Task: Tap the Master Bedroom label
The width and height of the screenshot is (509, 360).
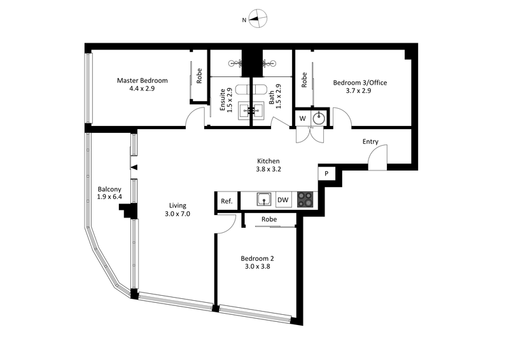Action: point(142,85)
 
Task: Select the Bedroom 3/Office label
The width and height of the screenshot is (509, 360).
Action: point(360,87)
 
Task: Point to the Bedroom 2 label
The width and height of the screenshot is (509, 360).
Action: point(258,263)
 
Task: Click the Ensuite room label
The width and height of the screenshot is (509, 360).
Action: point(227,98)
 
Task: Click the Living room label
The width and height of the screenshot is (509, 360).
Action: point(178,209)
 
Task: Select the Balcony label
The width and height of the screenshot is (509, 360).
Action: point(109,193)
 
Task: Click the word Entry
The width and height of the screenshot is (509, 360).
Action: point(371,142)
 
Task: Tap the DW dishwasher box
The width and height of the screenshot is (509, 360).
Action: point(284,200)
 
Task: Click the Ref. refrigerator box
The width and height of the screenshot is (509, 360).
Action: point(226,201)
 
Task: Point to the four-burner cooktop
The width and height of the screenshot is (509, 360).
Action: point(305,200)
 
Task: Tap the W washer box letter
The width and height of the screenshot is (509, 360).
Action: point(302,118)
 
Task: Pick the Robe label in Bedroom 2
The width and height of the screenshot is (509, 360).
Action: point(269,219)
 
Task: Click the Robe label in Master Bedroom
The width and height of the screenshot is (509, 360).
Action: point(199,76)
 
